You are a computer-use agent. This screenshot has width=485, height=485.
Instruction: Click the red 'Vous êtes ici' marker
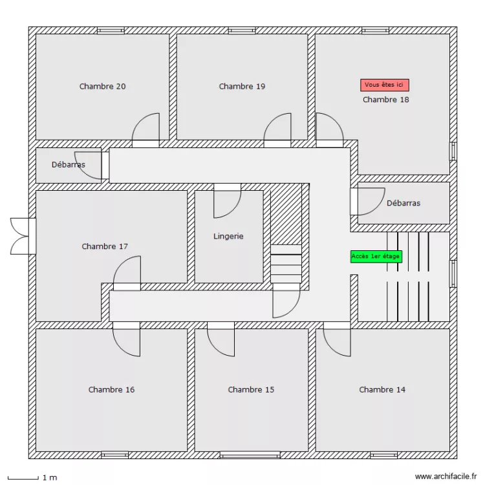pyautogui.click(x=385, y=85)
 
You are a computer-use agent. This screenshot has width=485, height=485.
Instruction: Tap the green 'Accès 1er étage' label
pyautogui.click(x=376, y=257)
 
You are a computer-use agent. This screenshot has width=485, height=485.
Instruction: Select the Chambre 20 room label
pyautogui.click(x=103, y=87)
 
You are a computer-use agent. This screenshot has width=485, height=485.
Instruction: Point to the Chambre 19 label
pyautogui.click(x=242, y=87)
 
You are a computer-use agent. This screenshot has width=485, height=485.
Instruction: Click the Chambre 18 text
pyautogui.click(x=385, y=100)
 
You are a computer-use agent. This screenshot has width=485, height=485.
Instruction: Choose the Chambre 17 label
pyautogui.click(x=105, y=246)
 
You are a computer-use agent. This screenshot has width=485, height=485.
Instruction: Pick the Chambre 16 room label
pyautogui.click(x=111, y=390)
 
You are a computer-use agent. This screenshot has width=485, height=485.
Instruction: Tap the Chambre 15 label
pyautogui.click(x=251, y=390)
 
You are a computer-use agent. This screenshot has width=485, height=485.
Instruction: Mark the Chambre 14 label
pyautogui.click(x=382, y=390)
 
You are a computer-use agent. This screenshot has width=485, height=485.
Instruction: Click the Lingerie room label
pyautogui.click(x=228, y=237)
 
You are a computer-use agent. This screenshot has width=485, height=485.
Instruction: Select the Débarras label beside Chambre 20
pyautogui.click(x=69, y=165)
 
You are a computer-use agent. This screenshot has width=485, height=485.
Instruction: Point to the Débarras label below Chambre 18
pyautogui.click(x=404, y=203)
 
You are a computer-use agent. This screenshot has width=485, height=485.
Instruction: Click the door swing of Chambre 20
pyautogui.click(x=147, y=128)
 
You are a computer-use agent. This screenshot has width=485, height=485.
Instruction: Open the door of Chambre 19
pyautogui.click(x=279, y=128)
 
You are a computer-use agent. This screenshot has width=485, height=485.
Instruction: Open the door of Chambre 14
pyautogui.click(x=338, y=339)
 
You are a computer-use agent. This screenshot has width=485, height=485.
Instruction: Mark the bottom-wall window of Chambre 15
pyautogui.click(x=250, y=455)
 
